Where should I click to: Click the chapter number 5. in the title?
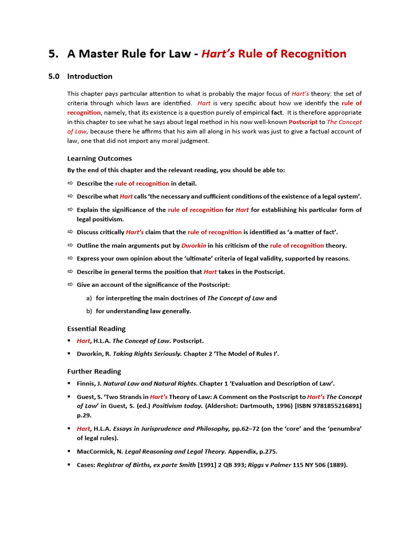coord(53,54)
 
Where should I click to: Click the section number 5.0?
coord(54,76)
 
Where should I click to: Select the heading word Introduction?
coord(90,76)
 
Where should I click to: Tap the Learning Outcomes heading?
coord(99,158)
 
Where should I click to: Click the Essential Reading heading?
coord(96,329)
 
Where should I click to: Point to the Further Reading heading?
coord(94,371)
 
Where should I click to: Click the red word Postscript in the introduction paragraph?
coord(303,122)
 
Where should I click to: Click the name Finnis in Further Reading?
coord(88,383)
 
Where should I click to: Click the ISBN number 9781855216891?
coord(333,406)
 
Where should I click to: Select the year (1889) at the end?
coord(337,465)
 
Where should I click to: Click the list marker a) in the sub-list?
coord(89,298)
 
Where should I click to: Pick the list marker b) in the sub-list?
coord(89,311)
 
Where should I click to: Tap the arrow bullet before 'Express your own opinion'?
coord(70,259)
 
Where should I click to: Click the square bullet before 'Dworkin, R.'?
coord(69,354)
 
